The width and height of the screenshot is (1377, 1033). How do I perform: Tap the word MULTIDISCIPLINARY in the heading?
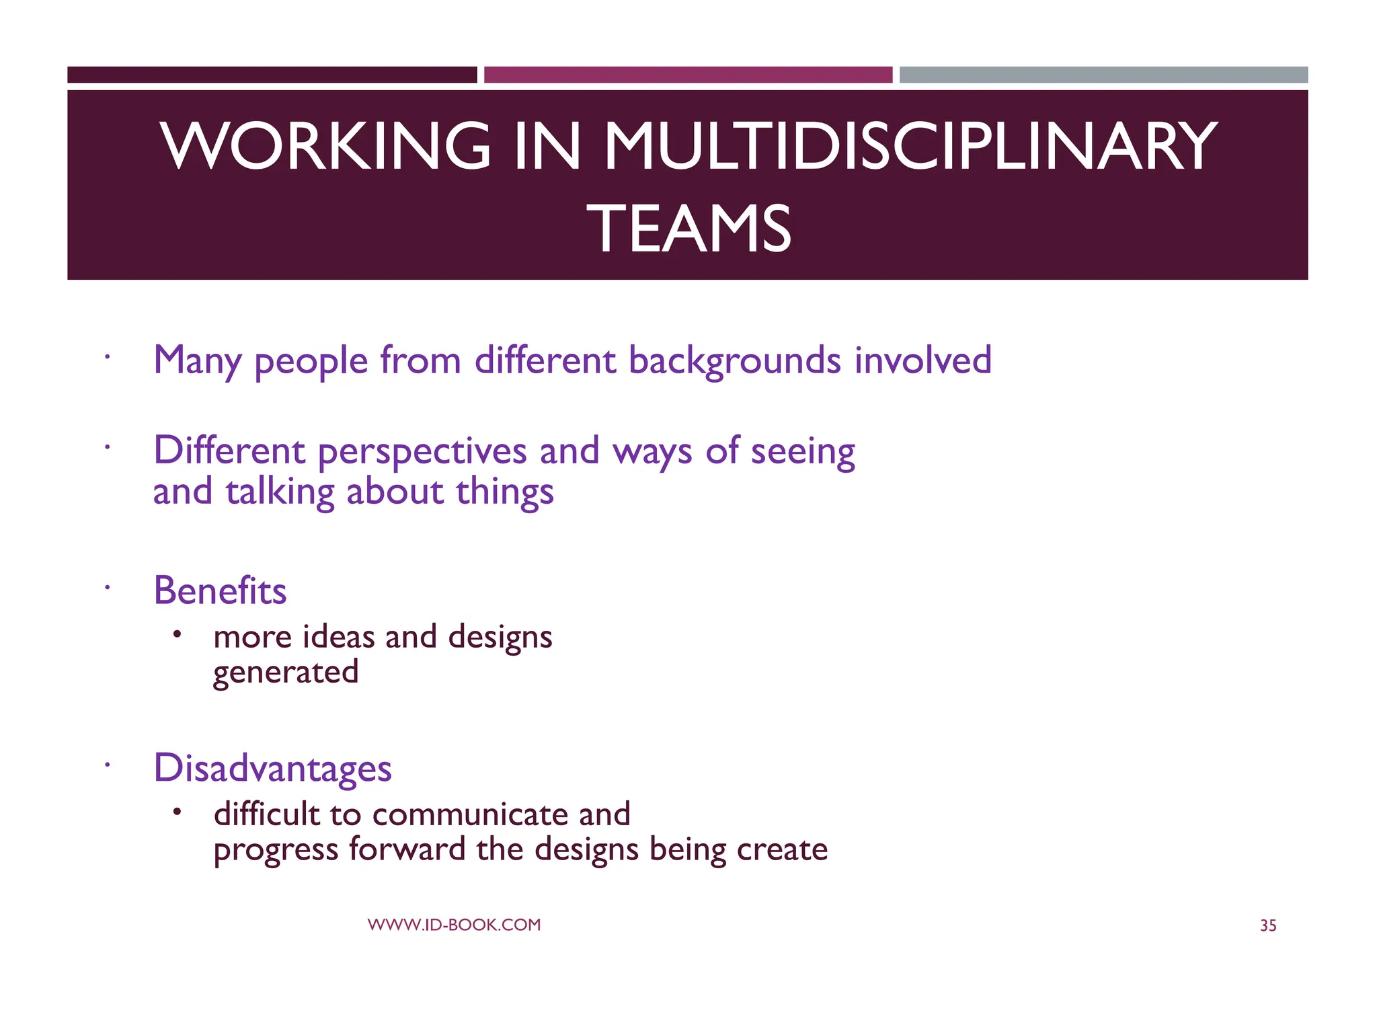click(910, 146)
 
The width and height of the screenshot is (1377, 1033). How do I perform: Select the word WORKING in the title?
click(325, 146)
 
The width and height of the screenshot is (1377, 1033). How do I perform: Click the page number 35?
click(1268, 926)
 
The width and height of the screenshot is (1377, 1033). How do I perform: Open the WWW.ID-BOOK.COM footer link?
click(454, 925)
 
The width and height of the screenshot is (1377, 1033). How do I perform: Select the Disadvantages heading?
click(272, 768)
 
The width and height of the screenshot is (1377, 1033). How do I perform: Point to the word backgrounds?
click(734, 360)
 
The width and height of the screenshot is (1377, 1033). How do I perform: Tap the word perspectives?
click(422, 452)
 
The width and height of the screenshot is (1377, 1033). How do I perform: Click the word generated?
click(286, 673)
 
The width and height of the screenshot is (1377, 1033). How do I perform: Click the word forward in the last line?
click(407, 849)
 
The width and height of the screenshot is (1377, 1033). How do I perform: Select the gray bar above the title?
click(1103, 75)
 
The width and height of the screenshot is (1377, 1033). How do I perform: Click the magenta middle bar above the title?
click(688, 75)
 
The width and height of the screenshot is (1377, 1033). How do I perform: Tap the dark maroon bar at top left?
click(272, 75)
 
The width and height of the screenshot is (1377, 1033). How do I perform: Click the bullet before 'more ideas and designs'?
click(177, 634)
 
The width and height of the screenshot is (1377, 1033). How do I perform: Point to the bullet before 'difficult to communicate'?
click(177, 812)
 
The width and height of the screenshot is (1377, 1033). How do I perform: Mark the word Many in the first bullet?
click(197, 361)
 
